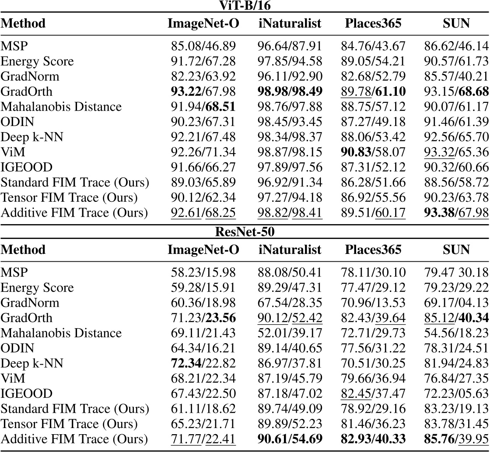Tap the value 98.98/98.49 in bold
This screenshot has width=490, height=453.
click(x=290, y=91)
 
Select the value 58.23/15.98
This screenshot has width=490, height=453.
click(x=203, y=272)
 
